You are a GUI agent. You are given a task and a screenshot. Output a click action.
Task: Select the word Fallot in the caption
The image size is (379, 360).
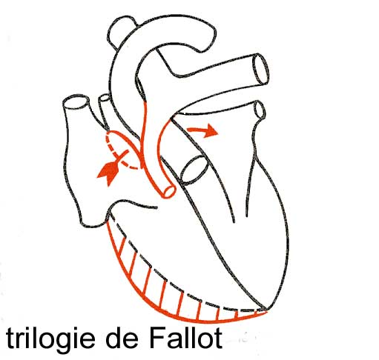pyautogui.click(x=185, y=337)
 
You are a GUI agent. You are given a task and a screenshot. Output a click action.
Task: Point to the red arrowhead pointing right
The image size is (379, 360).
pyautogui.click(x=211, y=130)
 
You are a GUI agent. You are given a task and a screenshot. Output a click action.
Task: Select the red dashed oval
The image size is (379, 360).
pyautogui.click(x=122, y=150)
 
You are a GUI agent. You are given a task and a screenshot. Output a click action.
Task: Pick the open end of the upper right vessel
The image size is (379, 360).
pyautogui.click(x=260, y=70)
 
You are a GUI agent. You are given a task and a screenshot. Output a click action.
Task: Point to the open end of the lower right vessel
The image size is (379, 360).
pyautogui.click(x=260, y=109)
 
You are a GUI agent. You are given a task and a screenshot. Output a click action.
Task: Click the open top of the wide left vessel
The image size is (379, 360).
pyautogui.click(x=76, y=101)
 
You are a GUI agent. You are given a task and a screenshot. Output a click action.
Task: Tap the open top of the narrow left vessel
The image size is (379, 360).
pyautogui.click(x=105, y=98)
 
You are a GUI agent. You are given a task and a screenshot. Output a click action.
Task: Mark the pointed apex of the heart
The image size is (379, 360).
pyautogui.click(x=266, y=310)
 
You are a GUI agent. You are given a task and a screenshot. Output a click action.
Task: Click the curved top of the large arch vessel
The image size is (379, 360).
pyautogui.click(x=173, y=22)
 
